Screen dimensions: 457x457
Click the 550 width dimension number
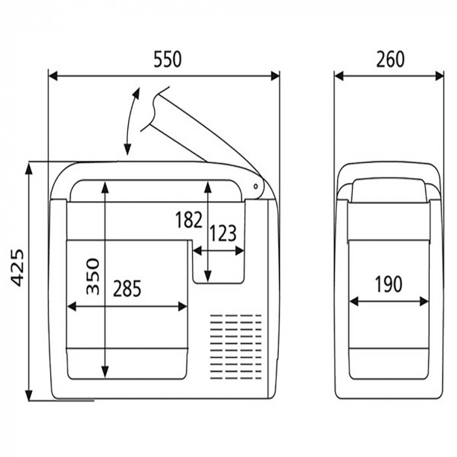coord(167,59)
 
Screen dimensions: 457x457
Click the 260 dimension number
coord(390,59)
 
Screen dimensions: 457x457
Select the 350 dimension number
coord(93,276)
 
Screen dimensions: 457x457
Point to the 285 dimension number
coord(127,289)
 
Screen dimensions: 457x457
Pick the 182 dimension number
coord(189,220)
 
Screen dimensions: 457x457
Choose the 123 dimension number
coord(223,234)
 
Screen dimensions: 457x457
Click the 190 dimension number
coord(388,285)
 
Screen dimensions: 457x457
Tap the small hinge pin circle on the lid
coord(255,186)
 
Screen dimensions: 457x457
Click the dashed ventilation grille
coord(236,347)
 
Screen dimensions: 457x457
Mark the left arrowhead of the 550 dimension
coord(53,76)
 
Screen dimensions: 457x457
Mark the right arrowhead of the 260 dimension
coord(439,76)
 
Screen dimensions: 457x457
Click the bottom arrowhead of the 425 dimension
coord(29,396)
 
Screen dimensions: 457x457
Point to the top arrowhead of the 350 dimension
coord(105,187)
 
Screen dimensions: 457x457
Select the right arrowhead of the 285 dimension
coord(182,306)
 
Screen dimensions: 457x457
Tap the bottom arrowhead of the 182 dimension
coord(208,276)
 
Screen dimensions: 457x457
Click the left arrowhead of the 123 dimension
coord(197,251)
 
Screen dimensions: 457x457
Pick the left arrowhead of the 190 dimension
coord(354,302)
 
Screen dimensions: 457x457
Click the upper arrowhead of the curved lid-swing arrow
coord(136,92)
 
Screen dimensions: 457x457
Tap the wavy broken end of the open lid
coord(155,108)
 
